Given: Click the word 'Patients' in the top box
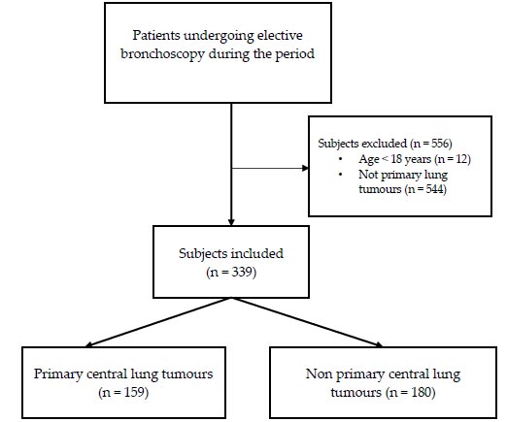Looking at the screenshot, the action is click(x=155, y=35).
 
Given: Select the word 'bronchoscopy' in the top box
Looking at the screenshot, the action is click(x=162, y=54).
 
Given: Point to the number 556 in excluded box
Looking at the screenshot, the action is click(x=440, y=143).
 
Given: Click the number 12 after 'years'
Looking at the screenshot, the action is click(x=460, y=159).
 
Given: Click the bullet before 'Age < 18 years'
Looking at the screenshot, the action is click(x=340, y=159).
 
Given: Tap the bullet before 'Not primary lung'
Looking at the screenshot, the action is click(x=340, y=175).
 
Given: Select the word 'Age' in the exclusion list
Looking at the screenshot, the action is click(x=369, y=159).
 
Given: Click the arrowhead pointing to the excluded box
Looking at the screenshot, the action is click(x=305, y=168).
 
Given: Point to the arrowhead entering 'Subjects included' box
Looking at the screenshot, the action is click(x=231, y=222).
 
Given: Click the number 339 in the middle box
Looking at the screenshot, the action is click(x=242, y=272).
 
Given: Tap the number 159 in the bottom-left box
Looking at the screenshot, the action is click(x=134, y=392).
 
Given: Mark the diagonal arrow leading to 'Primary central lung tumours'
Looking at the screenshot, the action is click(x=158, y=322).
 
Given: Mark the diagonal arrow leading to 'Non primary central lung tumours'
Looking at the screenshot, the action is click(x=307, y=322).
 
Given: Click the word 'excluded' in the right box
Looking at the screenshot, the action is click(x=386, y=144).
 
